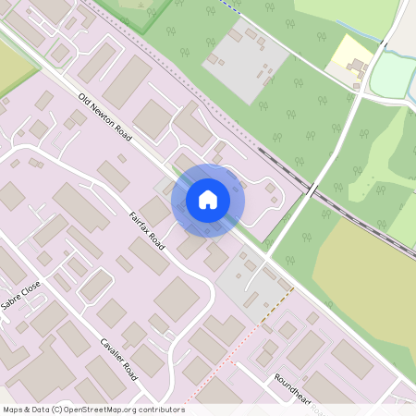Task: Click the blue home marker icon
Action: [208, 200]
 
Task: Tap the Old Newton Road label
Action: [104, 117]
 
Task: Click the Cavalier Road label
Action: [118, 356]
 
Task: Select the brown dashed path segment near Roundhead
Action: [276, 304]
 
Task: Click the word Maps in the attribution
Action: [13, 410]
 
